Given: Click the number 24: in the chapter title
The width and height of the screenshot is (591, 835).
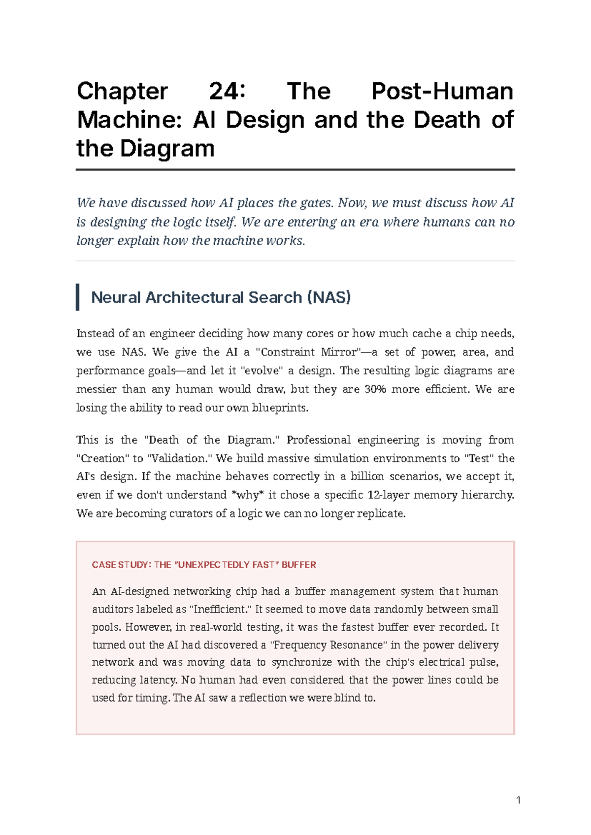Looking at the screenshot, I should click(x=227, y=92).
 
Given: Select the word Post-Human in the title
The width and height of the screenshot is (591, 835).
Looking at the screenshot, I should click(x=442, y=92).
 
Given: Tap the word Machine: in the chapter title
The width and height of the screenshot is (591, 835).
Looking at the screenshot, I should click(x=129, y=120).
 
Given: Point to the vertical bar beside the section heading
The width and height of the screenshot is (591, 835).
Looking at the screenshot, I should click(x=78, y=297).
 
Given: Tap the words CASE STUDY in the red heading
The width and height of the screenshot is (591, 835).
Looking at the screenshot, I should click(x=120, y=565).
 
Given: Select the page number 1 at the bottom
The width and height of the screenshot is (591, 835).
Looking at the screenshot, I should click(x=518, y=800).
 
